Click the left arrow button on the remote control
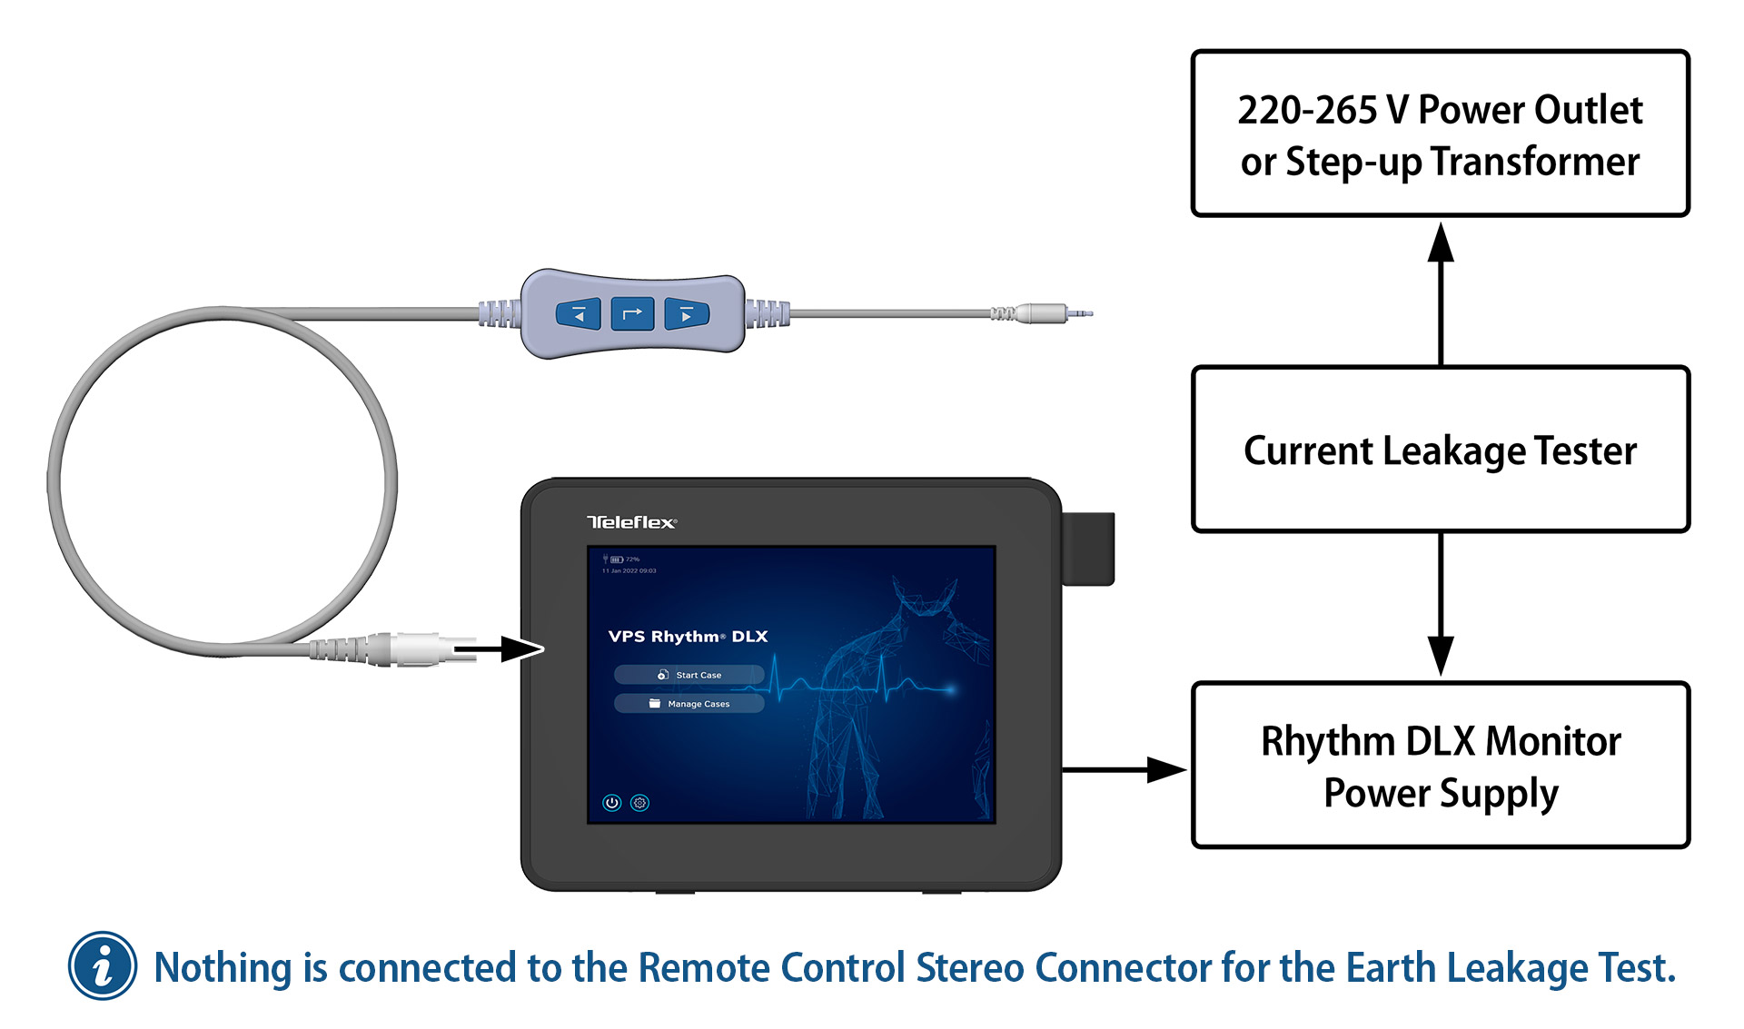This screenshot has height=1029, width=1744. point(578,314)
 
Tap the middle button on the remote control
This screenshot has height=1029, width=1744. point(632,314)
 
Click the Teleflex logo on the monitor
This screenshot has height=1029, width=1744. point(631,522)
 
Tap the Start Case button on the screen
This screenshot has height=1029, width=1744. point(689,675)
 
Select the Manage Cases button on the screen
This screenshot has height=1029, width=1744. point(689,704)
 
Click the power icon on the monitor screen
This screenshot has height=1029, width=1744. point(612,803)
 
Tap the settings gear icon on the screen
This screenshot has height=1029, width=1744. point(640,803)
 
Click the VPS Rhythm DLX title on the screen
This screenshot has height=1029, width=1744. point(688,637)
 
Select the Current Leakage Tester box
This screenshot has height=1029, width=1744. point(1440,450)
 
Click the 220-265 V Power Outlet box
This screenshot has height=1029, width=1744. point(1440,134)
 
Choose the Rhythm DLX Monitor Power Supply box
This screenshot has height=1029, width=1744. point(1440,766)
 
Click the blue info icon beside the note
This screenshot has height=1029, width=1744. point(103,965)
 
